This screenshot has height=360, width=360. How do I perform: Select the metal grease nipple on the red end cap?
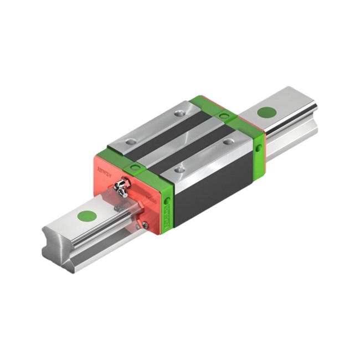click(121, 190)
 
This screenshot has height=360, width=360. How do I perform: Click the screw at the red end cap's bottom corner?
click(145, 224)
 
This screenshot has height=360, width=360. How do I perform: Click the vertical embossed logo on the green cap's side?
click(168, 219)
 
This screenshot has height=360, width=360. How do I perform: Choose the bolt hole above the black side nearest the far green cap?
click(228, 142)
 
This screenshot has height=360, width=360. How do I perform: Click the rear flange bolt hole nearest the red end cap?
click(130, 142)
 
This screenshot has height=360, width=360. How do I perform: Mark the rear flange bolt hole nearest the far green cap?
click(178, 113)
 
